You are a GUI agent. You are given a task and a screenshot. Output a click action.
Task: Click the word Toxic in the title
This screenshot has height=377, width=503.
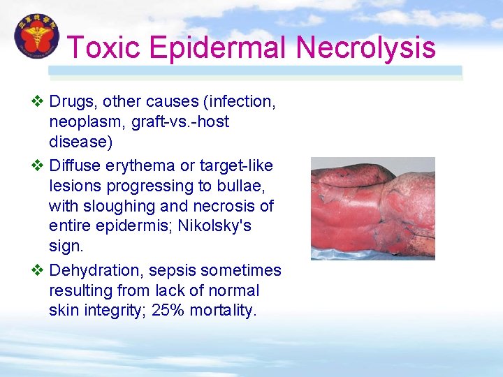pos(105,47)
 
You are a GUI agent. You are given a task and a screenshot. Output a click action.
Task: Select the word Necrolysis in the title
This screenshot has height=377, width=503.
pos(365,47)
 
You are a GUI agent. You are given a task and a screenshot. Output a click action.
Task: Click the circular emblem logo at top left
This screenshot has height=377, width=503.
pos(36,36)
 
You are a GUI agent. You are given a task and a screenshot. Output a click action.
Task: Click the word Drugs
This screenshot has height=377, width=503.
pos(73,102)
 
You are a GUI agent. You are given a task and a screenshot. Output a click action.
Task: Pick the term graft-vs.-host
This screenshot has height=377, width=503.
pos(184,122)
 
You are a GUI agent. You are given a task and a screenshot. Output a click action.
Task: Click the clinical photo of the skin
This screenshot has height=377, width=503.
pos(372,208)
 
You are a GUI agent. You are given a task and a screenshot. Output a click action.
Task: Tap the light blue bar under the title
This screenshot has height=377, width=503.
pos(255,71)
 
